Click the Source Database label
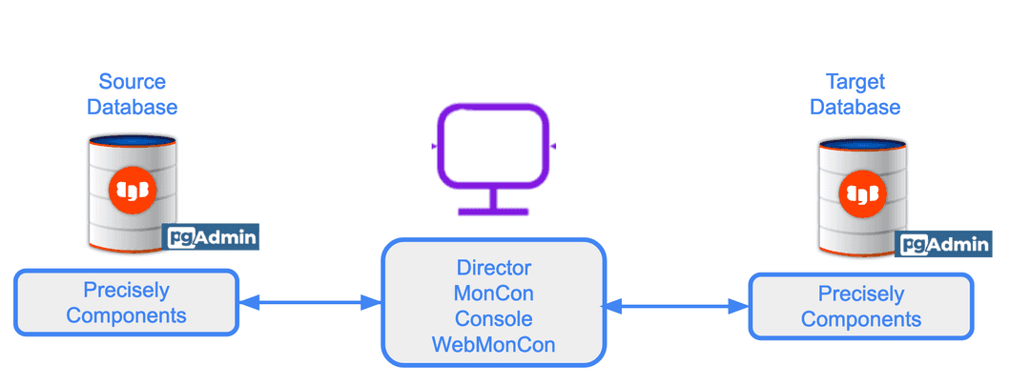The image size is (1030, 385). coord(133,94)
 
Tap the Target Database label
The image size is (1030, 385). coord(855,94)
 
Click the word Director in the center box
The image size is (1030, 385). coord(493,268)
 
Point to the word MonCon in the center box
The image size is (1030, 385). coord(493,294)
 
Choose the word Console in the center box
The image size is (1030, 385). coord(493,318)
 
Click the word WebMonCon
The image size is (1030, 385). coord(493,344)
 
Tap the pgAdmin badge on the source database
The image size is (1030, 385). coord(212,236)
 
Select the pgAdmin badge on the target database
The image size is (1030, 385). coord(944,244)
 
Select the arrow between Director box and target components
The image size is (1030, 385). coord(676,307)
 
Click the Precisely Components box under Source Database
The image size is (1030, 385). coord(126,303)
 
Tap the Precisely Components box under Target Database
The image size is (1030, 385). coord(861,307)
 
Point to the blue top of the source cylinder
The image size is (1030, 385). coord(133,141)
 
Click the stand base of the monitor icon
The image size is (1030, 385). coord(492,211)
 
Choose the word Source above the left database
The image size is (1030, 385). coord(133,82)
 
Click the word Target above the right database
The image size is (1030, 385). coord(855,82)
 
